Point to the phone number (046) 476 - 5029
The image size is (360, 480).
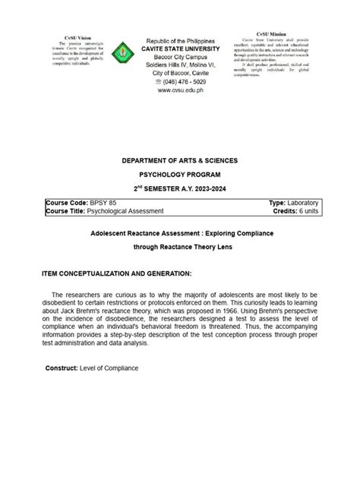point(182,80)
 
